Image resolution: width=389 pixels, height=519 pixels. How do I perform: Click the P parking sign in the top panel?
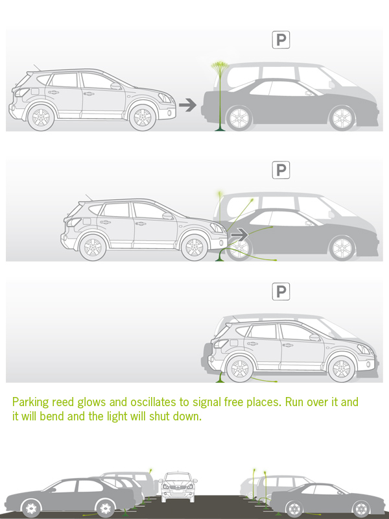pyautogui.click(x=281, y=40)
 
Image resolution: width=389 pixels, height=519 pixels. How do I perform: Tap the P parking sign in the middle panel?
pyautogui.click(x=281, y=170)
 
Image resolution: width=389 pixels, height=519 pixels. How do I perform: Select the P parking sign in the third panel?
pyautogui.click(x=281, y=291)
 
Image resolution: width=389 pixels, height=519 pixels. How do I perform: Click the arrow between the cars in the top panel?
pyautogui.click(x=187, y=105)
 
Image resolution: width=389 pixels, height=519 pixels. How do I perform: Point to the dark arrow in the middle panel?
pyautogui.click(x=239, y=235)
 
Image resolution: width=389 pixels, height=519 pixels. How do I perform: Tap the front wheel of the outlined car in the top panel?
pyautogui.click(x=143, y=117)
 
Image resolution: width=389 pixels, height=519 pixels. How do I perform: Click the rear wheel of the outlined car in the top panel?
pyautogui.click(x=41, y=117)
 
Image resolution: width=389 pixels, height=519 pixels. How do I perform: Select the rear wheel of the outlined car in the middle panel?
pyautogui.click(x=93, y=247)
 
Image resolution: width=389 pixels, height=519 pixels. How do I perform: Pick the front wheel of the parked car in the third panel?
pyautogui.click(x=342, y=368)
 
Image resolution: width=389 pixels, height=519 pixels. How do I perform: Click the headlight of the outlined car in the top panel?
pyautogui.click(x=165, y=98)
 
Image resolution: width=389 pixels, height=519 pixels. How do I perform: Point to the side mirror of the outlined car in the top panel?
pyautogui.click(x=116, y=86)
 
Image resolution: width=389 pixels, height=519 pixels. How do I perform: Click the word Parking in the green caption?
pyautogui.click(x=30, y=402)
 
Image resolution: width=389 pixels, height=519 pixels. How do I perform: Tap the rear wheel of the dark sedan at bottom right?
pyautogui.click(x=294, y=509)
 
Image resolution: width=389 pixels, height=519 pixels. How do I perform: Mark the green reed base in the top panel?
pyautogui.click(x=220, y=128)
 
